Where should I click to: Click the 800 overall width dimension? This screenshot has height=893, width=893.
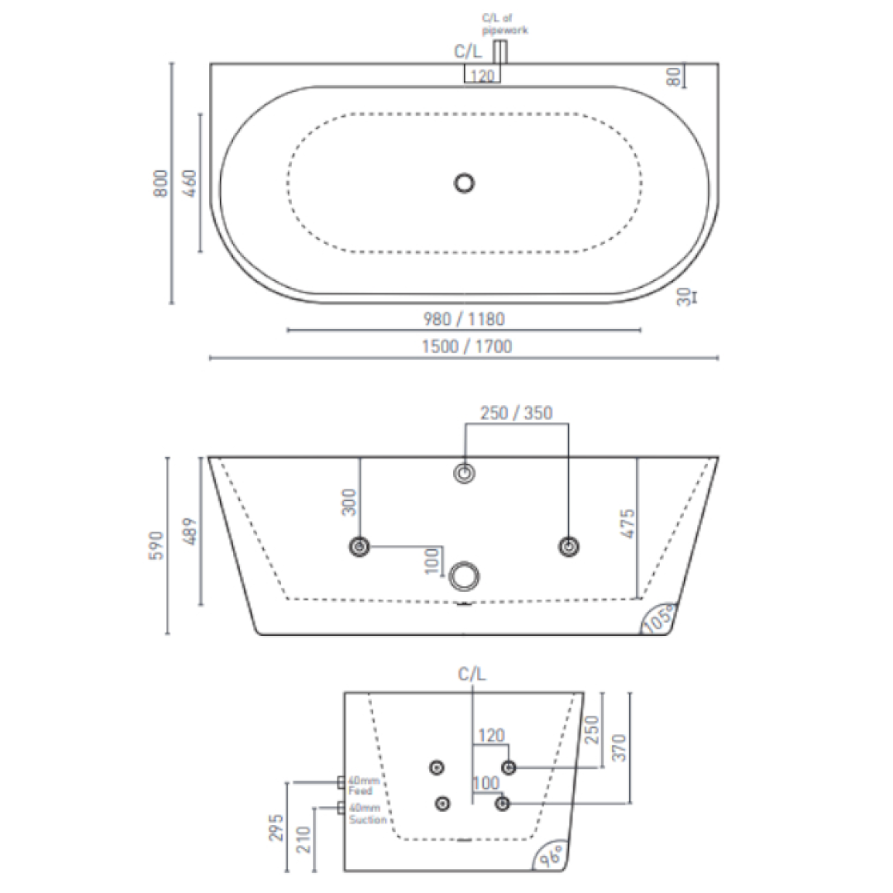coord(161,183)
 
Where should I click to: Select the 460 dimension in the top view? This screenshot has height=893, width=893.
coord(189,183)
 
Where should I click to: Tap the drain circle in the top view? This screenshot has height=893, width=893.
coord(465,183)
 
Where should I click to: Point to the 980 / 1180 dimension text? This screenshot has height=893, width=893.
coord(463,319)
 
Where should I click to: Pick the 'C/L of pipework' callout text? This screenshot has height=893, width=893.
coord(504,24)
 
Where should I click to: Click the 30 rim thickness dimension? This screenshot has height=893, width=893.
coord(684,298)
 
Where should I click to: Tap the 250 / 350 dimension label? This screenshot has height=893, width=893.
coord(518,413)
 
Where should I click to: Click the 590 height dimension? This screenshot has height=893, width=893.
coord(157,546)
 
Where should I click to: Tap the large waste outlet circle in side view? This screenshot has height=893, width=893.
coord(465,575)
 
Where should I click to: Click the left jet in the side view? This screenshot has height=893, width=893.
coord(360,546)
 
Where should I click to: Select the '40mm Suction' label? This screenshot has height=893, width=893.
coord(365,814)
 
